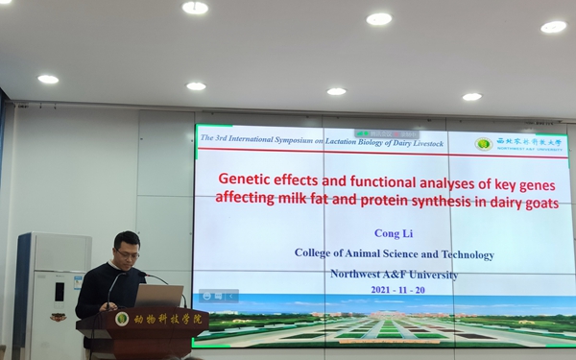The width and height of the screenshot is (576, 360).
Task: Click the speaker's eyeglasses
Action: tap(128, 254)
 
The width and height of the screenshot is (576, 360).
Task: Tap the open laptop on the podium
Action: tap(157, 295)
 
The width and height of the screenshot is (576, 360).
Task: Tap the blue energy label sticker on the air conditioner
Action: tap(78, 282)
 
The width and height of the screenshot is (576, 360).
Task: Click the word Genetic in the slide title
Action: tap(245, 180)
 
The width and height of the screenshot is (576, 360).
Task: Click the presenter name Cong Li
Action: tap(394, 233)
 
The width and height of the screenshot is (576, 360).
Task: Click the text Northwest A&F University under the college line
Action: tap(394, 274)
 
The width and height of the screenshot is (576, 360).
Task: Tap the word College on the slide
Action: tap(316, 254)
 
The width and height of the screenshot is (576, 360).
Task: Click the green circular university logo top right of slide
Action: tap(484, 144)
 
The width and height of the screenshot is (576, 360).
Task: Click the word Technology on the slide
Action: tap(465, 254)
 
